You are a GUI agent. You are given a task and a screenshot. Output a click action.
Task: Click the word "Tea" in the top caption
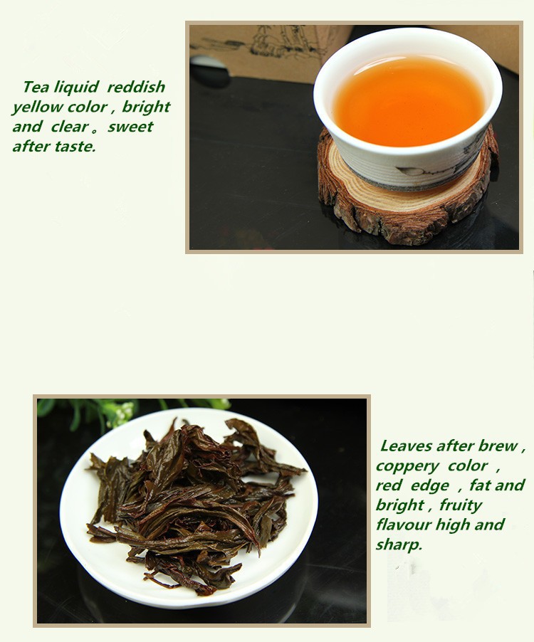(x=36, y=87)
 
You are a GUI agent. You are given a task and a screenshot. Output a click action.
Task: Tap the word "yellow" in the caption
(x=38, y=107)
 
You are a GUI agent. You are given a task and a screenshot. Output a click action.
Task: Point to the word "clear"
(x=70, y=127)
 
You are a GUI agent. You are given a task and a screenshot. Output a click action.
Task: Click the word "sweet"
(x=130, y=127)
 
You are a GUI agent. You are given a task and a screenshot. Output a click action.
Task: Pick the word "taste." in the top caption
(x=75, y=146)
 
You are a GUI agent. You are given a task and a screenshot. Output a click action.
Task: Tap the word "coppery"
(x=407, y=467)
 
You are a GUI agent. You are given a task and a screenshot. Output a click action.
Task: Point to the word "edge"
(x=429, y=486)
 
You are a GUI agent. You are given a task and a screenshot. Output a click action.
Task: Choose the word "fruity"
(x=461, y=505)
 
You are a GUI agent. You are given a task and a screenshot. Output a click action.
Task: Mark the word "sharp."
(x=399, y=545)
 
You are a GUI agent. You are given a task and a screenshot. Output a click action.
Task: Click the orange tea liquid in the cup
(x=408, y=101)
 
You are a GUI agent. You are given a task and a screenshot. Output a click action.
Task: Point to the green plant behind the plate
(x=123, y=411)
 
